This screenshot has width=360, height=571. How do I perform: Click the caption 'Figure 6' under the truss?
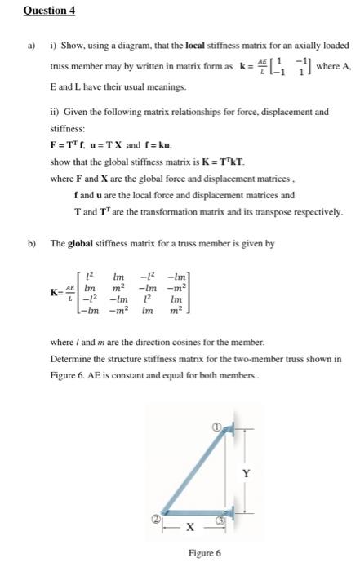(x=204, y=554)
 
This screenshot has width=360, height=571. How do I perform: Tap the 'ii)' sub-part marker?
(x=54, y=113)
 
